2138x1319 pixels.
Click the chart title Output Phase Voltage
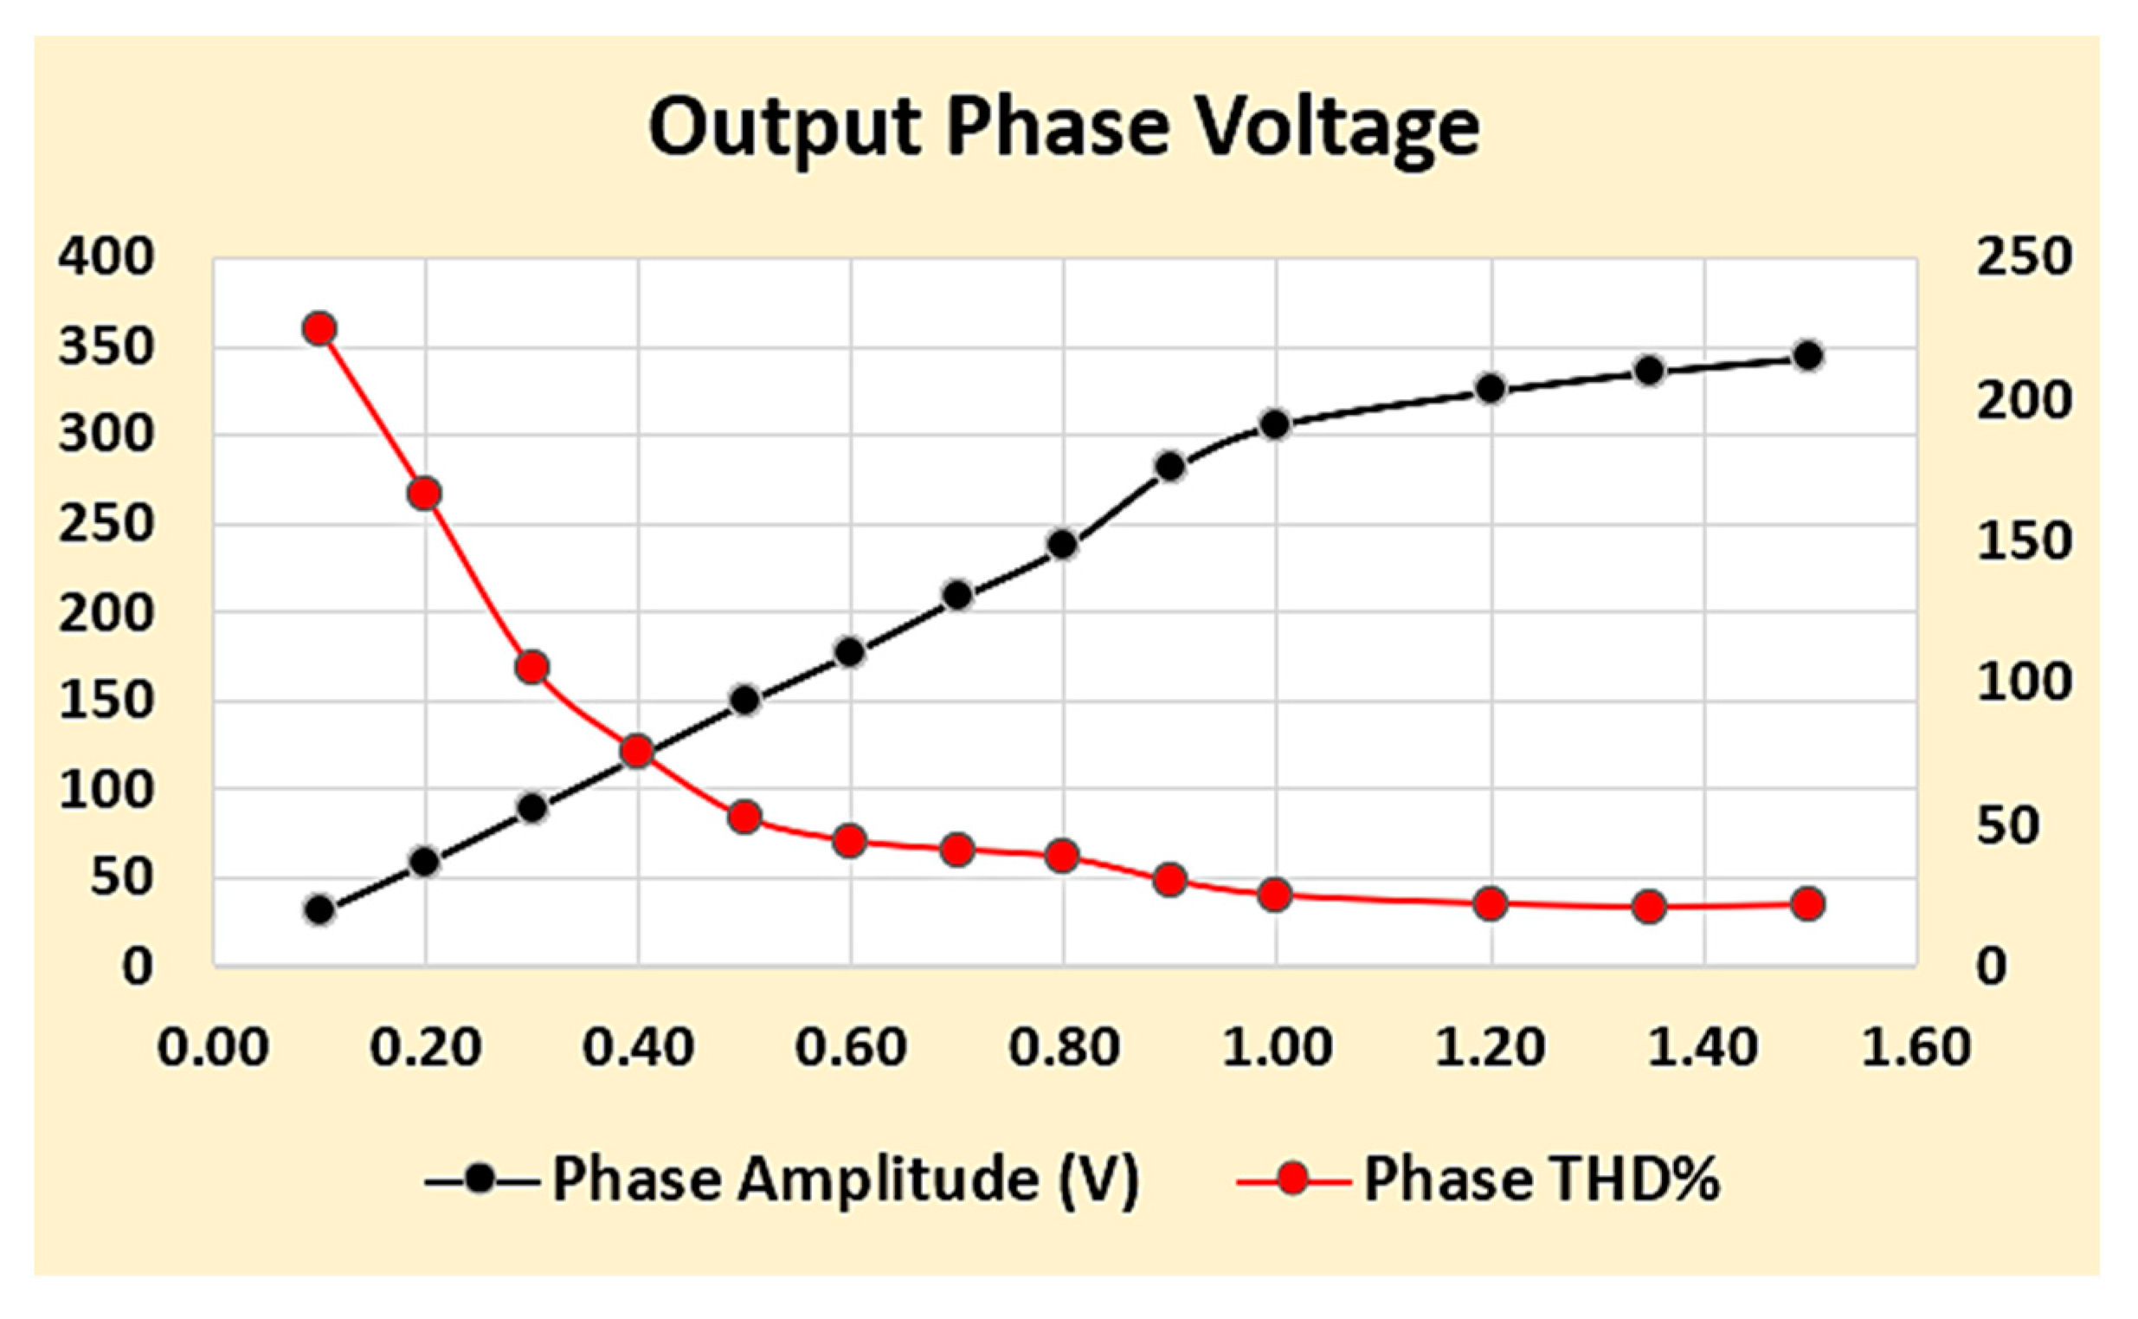(x=1063, y=127)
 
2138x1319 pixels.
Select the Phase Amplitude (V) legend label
(x=845, y=1180)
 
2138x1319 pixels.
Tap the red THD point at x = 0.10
(x=320, y=329)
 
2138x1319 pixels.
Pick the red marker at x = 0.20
(x=425, y=494)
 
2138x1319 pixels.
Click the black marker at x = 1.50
(x=1807, y=356)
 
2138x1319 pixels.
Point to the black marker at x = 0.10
(x=320, y=910)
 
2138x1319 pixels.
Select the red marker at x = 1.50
(x=1807, y=904)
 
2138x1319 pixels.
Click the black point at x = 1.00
(x=1276, y=425)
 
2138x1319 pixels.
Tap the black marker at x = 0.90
(x=1170, y=467)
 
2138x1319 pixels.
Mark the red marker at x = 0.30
(x=531, y=668)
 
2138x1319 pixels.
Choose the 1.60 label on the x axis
(x=1916, y=1047)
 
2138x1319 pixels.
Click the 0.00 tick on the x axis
(x=213, y=1047)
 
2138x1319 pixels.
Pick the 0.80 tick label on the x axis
(x=1064, y=1047)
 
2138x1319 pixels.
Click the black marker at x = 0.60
(x=850, y=652)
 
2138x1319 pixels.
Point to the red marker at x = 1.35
(x=1649, y=908)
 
